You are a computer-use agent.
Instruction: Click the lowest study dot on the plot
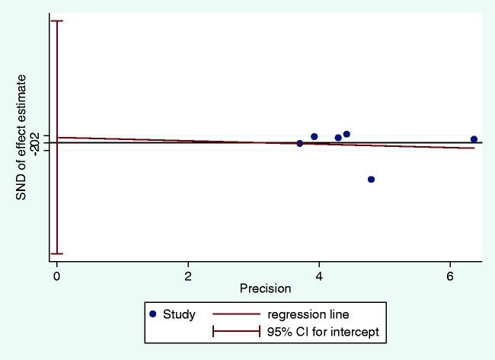click(371, 180)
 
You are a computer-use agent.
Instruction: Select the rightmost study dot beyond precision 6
click(474, 139)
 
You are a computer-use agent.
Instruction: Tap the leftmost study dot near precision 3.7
click(299, 143)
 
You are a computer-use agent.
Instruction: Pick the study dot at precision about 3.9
click(314, 136)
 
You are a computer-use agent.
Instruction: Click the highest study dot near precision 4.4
click(346, 134)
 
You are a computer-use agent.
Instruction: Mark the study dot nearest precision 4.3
click(338, 138)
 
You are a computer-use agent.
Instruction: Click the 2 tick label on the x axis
click(188, 275)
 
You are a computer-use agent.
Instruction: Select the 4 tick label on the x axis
click(319, 275)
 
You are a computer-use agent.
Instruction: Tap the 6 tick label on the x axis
click(450, 275)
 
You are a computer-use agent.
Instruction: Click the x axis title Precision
click(265, 288)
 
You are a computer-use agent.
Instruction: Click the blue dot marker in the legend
click(154, 314)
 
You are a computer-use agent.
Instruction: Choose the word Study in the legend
click(180, 314)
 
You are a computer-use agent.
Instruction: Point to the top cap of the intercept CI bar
click(56, 21)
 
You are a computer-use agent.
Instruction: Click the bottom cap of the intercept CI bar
click(56, 254)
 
